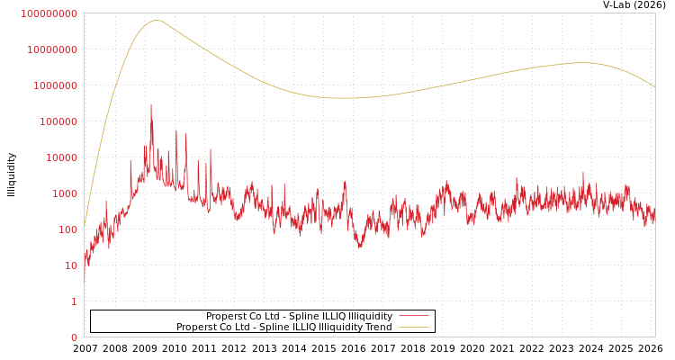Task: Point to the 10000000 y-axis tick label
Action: (x=52, y=49)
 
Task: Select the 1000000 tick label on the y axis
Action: (x=55, y=85)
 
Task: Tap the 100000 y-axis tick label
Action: (x=58, y=121)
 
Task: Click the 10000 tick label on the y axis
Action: (x=61, y=157)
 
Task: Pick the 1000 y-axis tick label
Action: (x=64, y=193)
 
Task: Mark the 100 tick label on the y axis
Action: (x=67, y=229)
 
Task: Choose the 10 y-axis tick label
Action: (x=70, y=265)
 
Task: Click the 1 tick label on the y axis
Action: (x=74, y=301)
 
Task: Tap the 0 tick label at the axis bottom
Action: (x=74, y=337)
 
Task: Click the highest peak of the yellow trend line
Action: (x=157, y=20)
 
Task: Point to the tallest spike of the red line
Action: (x=151, y=105)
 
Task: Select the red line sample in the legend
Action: (x=413, y=316)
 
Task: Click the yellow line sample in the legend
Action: (x=413, y=327)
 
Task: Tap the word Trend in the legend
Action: (x=377, y=327)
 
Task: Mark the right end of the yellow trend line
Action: (x=654, y=86)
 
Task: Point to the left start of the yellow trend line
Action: (x=85, y=225)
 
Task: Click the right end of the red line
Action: (x=654, y=216)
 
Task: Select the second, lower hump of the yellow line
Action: (x=583, y=62)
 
